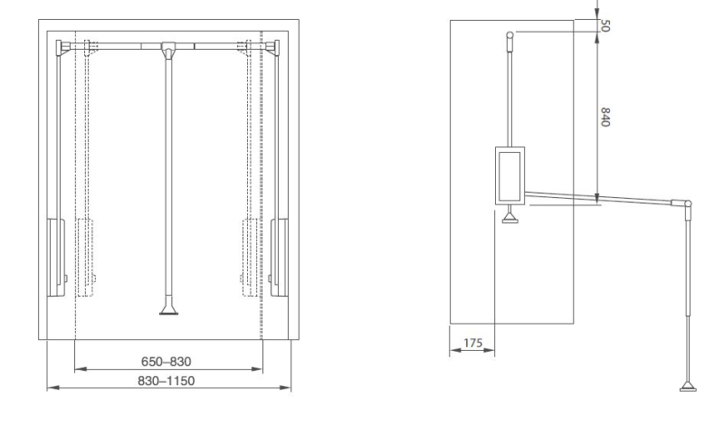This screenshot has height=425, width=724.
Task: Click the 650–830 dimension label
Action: pos(167,362)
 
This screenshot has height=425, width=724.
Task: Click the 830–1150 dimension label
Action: pos(167,381)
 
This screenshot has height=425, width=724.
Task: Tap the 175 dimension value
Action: pos(472,343)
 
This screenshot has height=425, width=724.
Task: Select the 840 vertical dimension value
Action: pos(605,118)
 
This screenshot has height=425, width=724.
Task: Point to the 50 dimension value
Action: pos(605,26)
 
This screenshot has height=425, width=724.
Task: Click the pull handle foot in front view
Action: pos(168,308)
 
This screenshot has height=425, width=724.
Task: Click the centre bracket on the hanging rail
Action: pos(167,49)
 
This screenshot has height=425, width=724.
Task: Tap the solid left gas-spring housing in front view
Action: pos(56,257)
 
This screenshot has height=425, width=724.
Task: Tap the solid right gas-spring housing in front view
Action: pos(279,257)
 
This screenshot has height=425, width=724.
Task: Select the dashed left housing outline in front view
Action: pos(85,257)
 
